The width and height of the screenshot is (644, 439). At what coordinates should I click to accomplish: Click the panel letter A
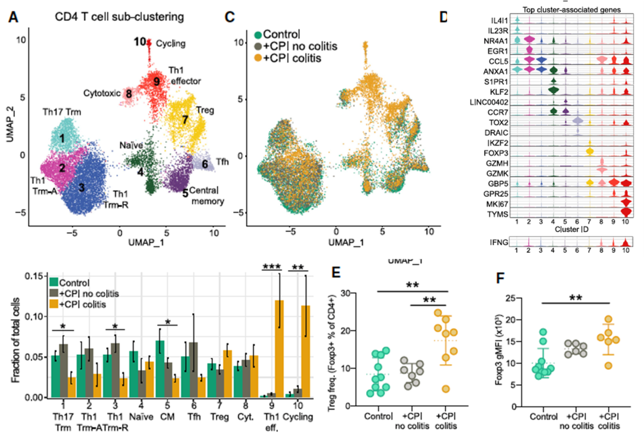click(13, 17)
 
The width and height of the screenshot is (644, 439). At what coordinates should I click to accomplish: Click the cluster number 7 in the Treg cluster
click(185, 120)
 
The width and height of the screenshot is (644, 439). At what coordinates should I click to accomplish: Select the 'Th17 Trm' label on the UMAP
click(61, 112)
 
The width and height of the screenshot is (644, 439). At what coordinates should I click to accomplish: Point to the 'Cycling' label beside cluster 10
click(171, 43)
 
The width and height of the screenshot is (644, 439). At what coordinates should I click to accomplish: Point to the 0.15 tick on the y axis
click(36, 276)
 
